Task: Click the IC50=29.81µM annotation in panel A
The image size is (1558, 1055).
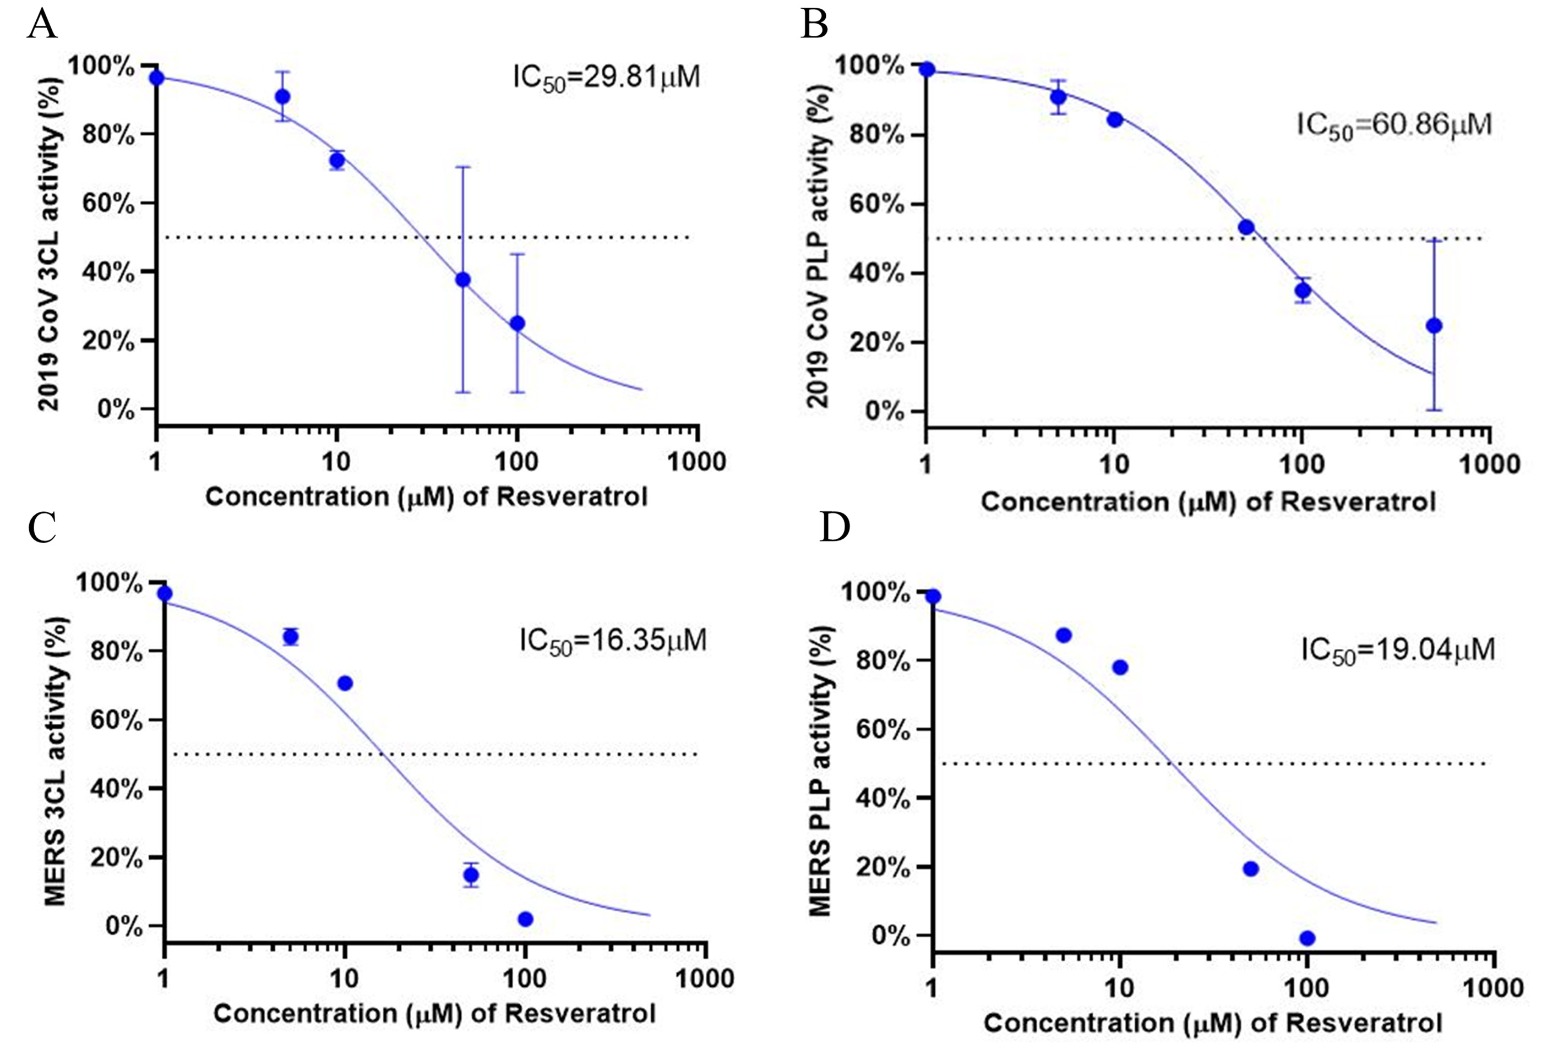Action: pos(606,78)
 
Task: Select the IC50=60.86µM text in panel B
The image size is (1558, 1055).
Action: pos(1394,125)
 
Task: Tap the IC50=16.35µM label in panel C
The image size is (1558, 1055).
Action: pos(613,641)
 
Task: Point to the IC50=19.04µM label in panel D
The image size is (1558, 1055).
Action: pos(1398,650)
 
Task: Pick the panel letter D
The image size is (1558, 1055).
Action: pos(835,527)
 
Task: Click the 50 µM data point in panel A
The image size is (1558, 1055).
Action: pos(462,280)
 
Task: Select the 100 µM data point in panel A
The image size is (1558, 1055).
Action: pos(517,323)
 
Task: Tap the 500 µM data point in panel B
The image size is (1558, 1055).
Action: pos(1434,326)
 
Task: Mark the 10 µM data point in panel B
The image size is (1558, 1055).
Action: pos(1115,120)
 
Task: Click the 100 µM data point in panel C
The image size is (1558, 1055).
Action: pos(526,919)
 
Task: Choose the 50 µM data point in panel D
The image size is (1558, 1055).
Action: pos(1250,868)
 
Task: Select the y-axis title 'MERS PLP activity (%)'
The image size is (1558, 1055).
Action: pos(820,771)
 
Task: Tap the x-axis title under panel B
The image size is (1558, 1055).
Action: pos(1208,501)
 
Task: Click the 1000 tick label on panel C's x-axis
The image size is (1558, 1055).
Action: pos(704,979)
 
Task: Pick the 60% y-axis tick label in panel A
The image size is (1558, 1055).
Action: pos(108,204)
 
